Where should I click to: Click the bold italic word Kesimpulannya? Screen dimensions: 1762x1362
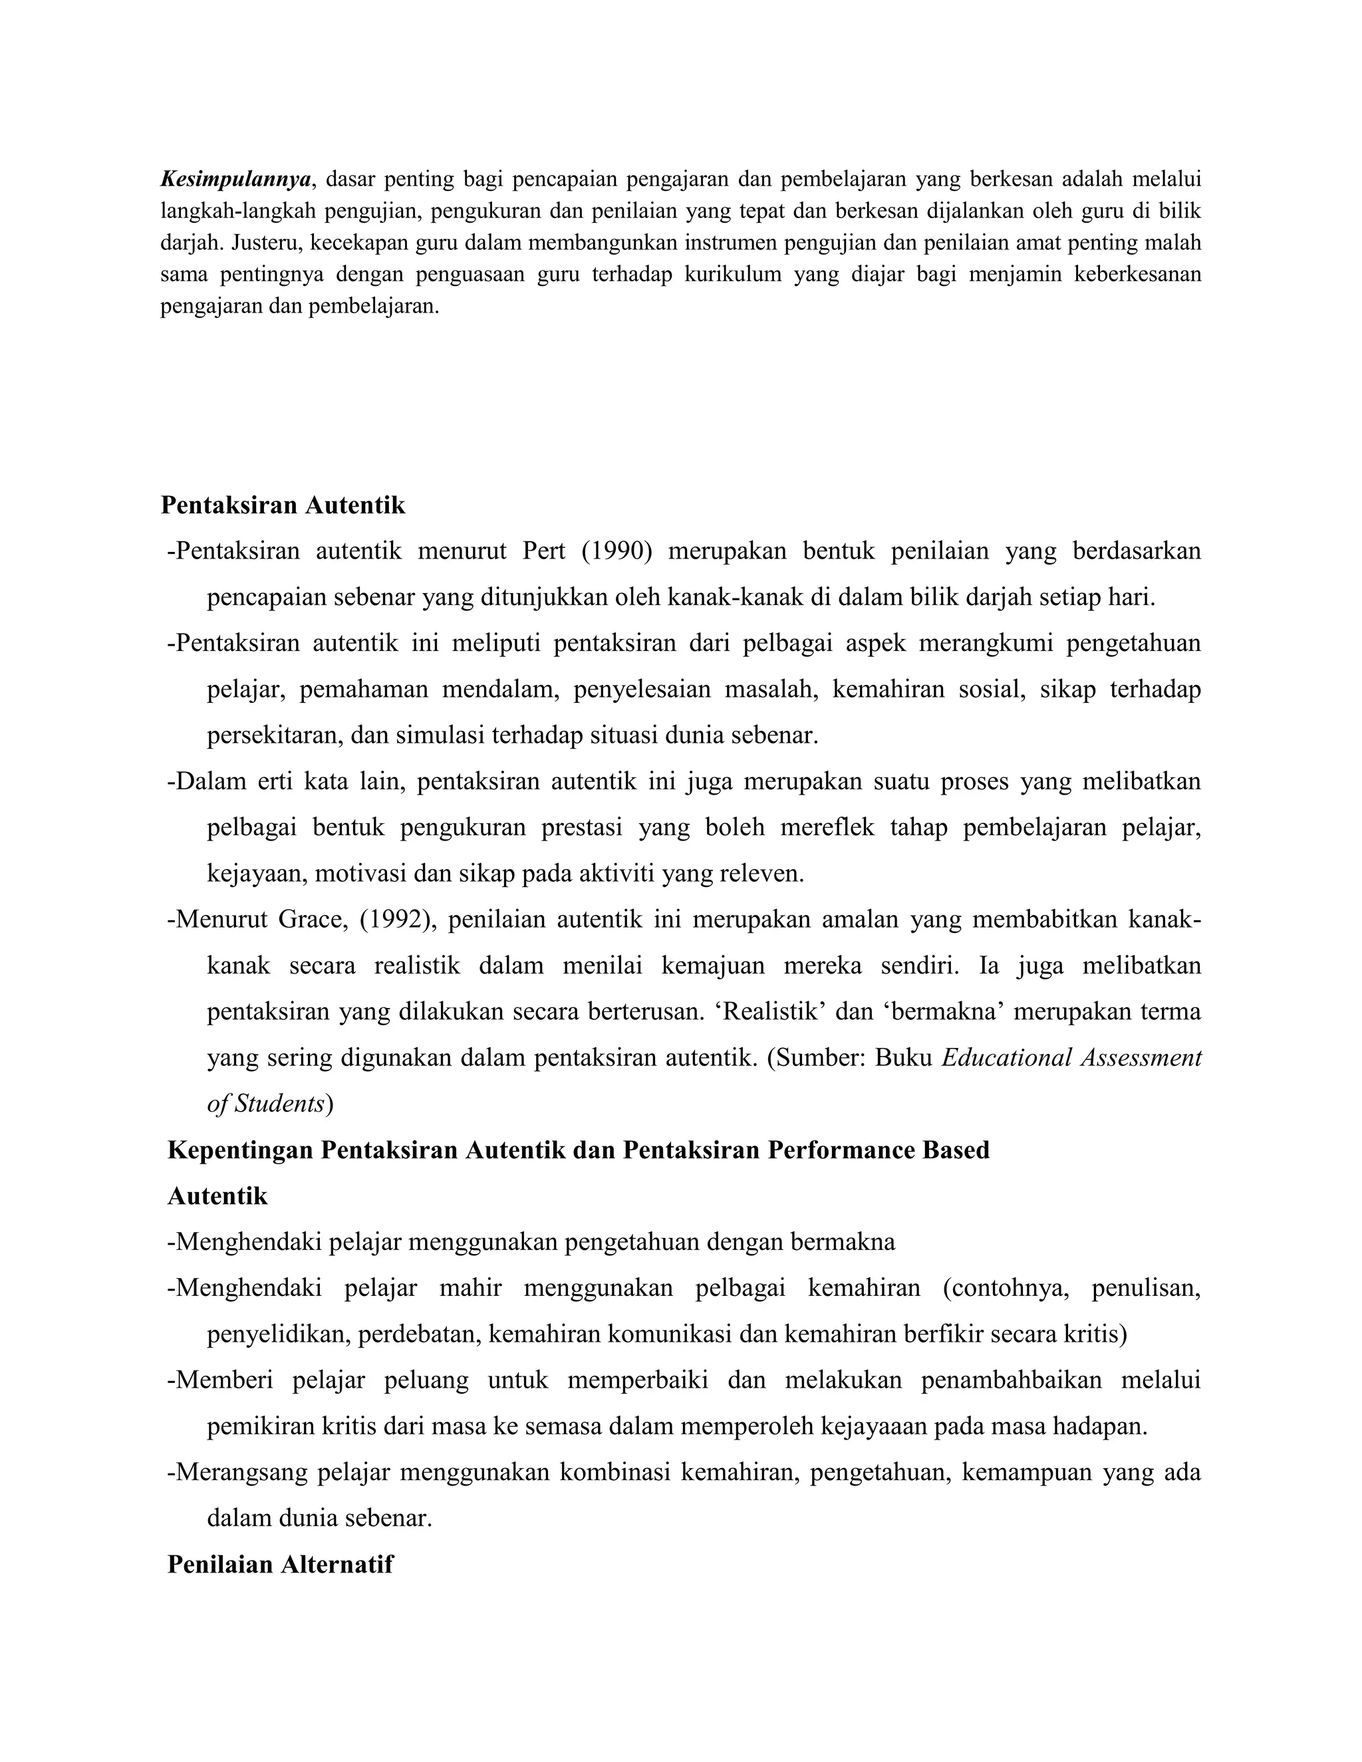(x=235, y=178)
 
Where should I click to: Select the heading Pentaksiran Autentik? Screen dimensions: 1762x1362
(x=283, y=506)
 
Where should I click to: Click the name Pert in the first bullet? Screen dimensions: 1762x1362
(x=544, y=552)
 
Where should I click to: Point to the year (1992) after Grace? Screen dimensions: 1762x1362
(x=397, y=920)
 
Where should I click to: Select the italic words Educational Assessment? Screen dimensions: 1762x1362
(x=1071, y=1058)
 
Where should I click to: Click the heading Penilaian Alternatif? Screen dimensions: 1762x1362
(x=280, y=1565)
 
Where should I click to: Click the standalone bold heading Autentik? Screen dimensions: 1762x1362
(x=217, y=1196)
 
